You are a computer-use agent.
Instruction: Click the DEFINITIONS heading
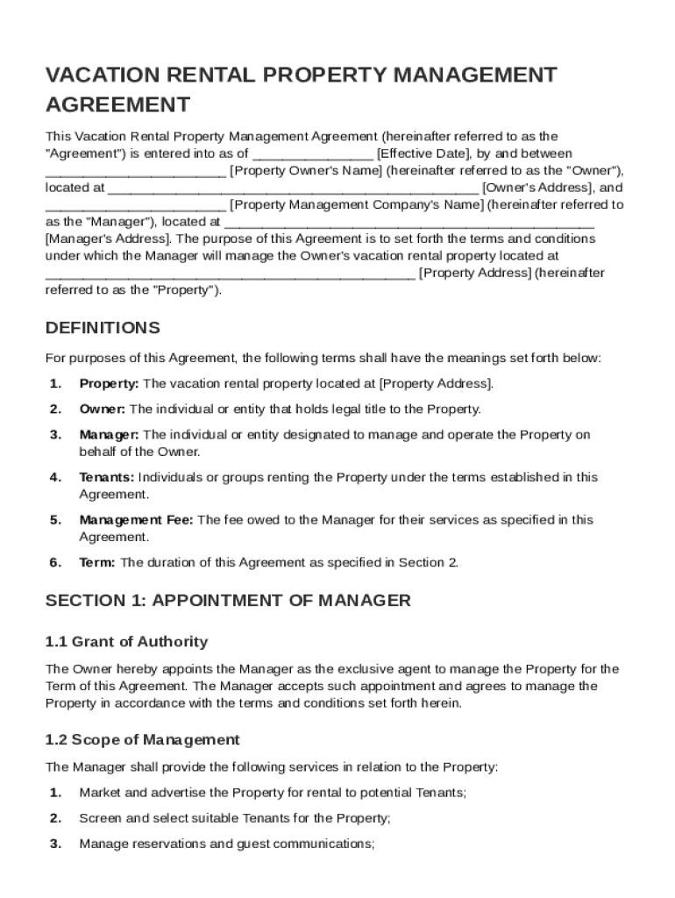pos(103,328)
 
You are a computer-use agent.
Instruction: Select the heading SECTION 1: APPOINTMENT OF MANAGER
pos(228,601)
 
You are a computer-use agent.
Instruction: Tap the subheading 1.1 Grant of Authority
pos(126,641)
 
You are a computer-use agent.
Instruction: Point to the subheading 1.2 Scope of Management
pos(142,739)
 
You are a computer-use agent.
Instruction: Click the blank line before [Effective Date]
pos(313,153)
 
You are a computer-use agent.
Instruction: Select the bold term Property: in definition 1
pos(109,384)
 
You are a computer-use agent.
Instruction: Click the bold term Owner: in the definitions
pos(103,410)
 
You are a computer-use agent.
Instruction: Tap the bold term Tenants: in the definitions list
pos(107,477)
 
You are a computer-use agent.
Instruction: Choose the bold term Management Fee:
pos(137,520)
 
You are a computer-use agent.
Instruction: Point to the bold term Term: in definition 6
pos(97,563)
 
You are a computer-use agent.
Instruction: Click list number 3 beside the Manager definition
pos(55,435)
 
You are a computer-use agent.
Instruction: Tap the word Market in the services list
pos(97,793)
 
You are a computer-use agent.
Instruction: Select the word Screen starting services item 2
pos(98,818)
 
